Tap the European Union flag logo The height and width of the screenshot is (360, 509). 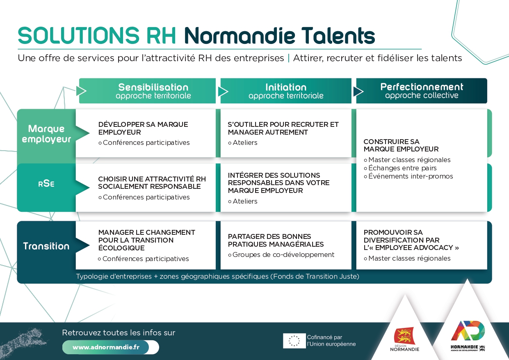click(x=294, y=341)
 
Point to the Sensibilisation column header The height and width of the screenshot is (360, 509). click(x=153, y=91)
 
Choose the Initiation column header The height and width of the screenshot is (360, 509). click(x=286, y=91)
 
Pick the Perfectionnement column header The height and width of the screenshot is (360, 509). click(x=422, y=91)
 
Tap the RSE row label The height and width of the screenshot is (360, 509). click(x=46, y=184)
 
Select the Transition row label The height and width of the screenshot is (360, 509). click(x=46, y=246)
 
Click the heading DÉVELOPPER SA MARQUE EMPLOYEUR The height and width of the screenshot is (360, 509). click(x=143, y=128)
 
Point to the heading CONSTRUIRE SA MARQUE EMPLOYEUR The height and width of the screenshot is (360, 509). click(x=401, y=145)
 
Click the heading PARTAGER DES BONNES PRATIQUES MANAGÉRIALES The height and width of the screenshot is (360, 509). click(x=276, y=240)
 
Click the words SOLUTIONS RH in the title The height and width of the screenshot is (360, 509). click(x=97, y=36)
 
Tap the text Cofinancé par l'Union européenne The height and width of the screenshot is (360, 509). click(x=331, y=341)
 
